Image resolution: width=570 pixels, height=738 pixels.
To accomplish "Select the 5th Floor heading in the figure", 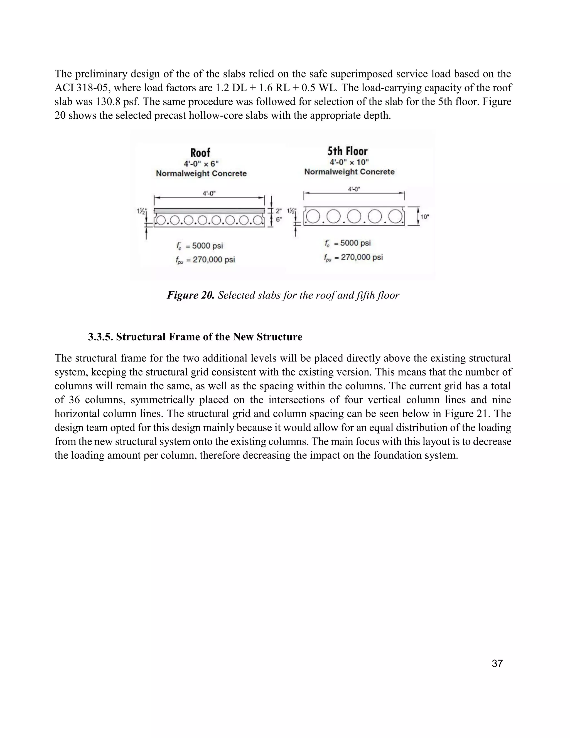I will tap(347, 151).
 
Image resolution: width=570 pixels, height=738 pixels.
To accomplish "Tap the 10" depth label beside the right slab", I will tap(424, 217).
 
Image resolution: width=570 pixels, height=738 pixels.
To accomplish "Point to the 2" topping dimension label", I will tap(279, 211).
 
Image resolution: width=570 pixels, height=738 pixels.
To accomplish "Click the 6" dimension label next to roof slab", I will tap(279, 219).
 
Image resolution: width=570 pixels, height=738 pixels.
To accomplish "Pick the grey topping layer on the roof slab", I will tap(209, 211).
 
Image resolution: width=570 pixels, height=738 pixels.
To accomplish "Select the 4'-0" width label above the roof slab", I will tap(209, 193).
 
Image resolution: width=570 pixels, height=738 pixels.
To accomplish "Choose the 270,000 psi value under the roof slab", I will tap(214, 260).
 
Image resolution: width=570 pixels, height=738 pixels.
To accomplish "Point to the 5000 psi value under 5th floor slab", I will tap(355, 243).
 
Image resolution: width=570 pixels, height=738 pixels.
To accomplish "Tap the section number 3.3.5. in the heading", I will tap(100, 337).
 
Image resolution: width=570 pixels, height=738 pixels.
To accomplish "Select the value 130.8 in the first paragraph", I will tap(108, 102).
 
